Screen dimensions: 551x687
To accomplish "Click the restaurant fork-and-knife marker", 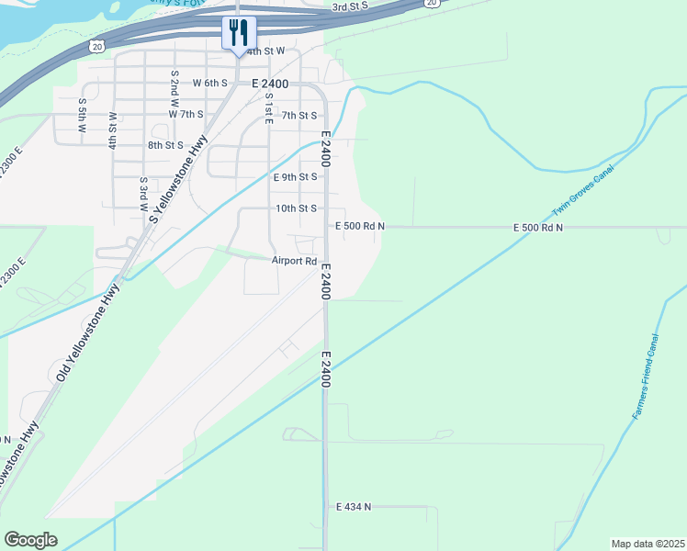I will [x=238, y=33].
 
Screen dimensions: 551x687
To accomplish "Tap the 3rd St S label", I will [x=350, y=6].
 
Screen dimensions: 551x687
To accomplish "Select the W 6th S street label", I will [x=209, y=83].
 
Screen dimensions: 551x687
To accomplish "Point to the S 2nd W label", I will [x=174, y=86].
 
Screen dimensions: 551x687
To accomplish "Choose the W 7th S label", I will [x=186, y=114].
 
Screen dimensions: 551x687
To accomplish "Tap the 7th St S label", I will [x=299, y=115].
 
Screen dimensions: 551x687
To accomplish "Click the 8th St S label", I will [x=165, y=145].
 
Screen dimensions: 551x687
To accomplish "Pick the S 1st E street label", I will [x=269, y=109].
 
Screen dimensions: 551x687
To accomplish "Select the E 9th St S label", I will [x=296, y=176].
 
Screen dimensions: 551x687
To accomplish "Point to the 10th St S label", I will [x=297, y=208].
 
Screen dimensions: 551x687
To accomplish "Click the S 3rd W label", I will [x=143, y=195].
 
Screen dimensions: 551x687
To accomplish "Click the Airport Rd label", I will [x=294, y=261].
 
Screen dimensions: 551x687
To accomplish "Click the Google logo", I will [x=30, y=540].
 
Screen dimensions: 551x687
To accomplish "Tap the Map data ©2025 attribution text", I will [x=648, y=544].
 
